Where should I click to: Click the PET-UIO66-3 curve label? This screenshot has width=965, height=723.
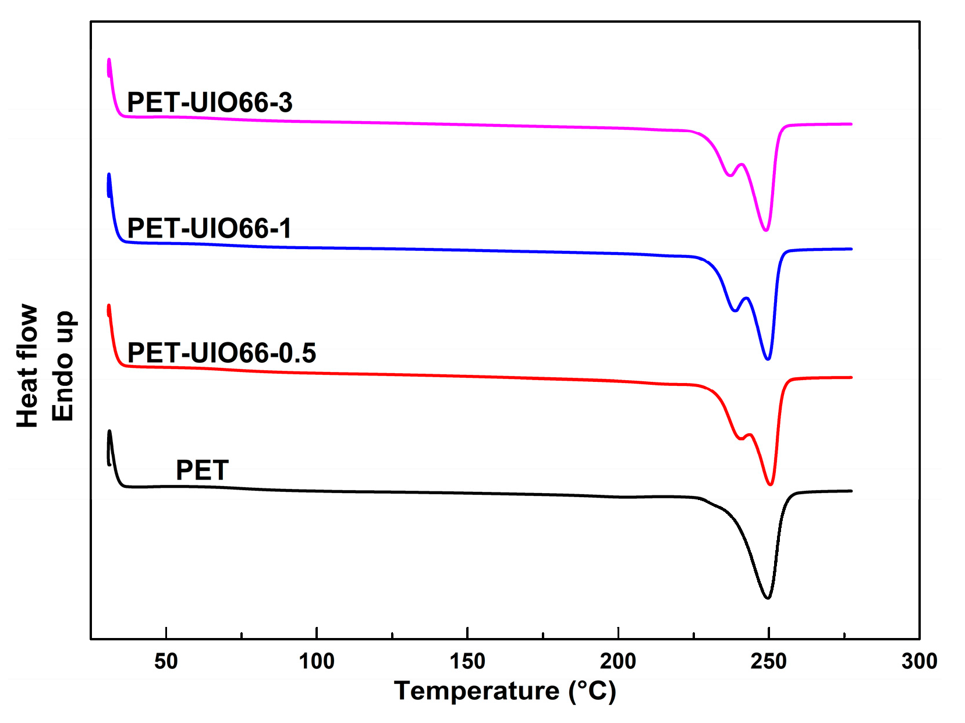[x=210, y=102]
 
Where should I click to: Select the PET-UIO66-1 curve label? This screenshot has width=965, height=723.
[x=209, y=228]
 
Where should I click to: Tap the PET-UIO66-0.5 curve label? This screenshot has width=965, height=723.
[x=221, y=353]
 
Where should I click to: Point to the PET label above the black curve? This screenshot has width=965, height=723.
[x=202, y=470]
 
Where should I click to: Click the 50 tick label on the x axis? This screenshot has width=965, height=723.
[x=166, y=661]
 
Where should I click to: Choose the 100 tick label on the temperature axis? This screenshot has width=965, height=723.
[x=317, y=661]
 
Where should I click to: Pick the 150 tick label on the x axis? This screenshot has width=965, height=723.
[x=467, y=661]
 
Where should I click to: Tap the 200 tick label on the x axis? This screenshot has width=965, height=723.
[x=618, y=661]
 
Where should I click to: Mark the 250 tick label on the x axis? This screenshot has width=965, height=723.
[x=768, y=661]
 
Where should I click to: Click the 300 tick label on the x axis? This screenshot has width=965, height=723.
[x=919, y=661]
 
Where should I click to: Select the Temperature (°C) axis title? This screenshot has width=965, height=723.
[x=505, y=691]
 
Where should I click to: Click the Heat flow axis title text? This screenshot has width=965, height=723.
[x=27, y=366]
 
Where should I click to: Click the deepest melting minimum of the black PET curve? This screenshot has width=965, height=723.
[x=768, y=598]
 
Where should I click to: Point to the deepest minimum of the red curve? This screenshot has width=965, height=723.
[x=770, y=484]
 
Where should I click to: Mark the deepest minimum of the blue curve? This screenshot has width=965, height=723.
[x=768, y=359]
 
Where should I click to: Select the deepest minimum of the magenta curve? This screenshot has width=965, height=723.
[x=766, y=230]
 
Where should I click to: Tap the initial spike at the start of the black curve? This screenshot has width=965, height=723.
[x=109, y=432]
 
